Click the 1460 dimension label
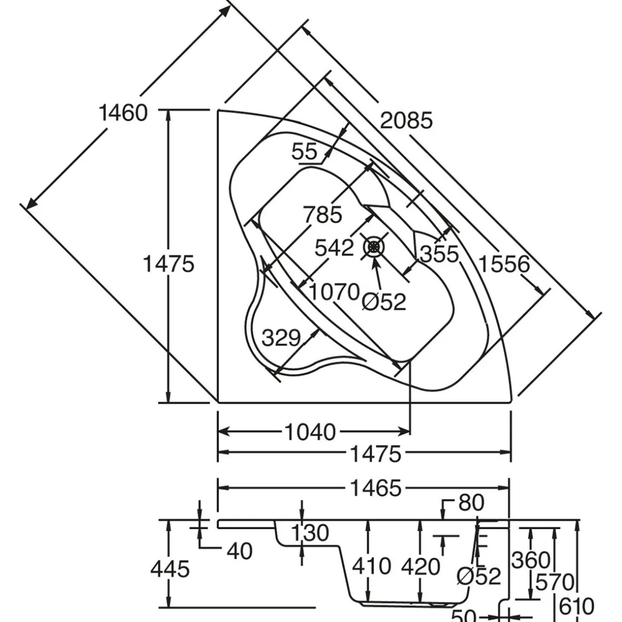click(x=123, y=113)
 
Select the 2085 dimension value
click(x=406, y=121)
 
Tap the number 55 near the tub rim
click(x=305, y=152)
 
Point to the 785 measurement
click(x=322, y=215)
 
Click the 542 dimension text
click(x=334, y=248)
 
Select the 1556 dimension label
click(x=503, y=264)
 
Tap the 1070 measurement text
click(x=334, y=292)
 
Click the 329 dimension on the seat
click(x=281, y=338)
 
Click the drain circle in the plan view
click(x=374, y=247)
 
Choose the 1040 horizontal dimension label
click(x=310, y=432)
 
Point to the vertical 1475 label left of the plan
click(x=168, y=264)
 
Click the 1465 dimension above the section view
click(x=375, y=488)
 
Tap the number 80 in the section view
click(x=471, y=503)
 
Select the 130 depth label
click(x=310, y=533)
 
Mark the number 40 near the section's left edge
click(x=239, y=551)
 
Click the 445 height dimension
click(x=170, y=569)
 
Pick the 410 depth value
click(x=372, y=566)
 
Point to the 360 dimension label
click(x=531, y=560)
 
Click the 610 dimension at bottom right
click(x=577, y=606)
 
